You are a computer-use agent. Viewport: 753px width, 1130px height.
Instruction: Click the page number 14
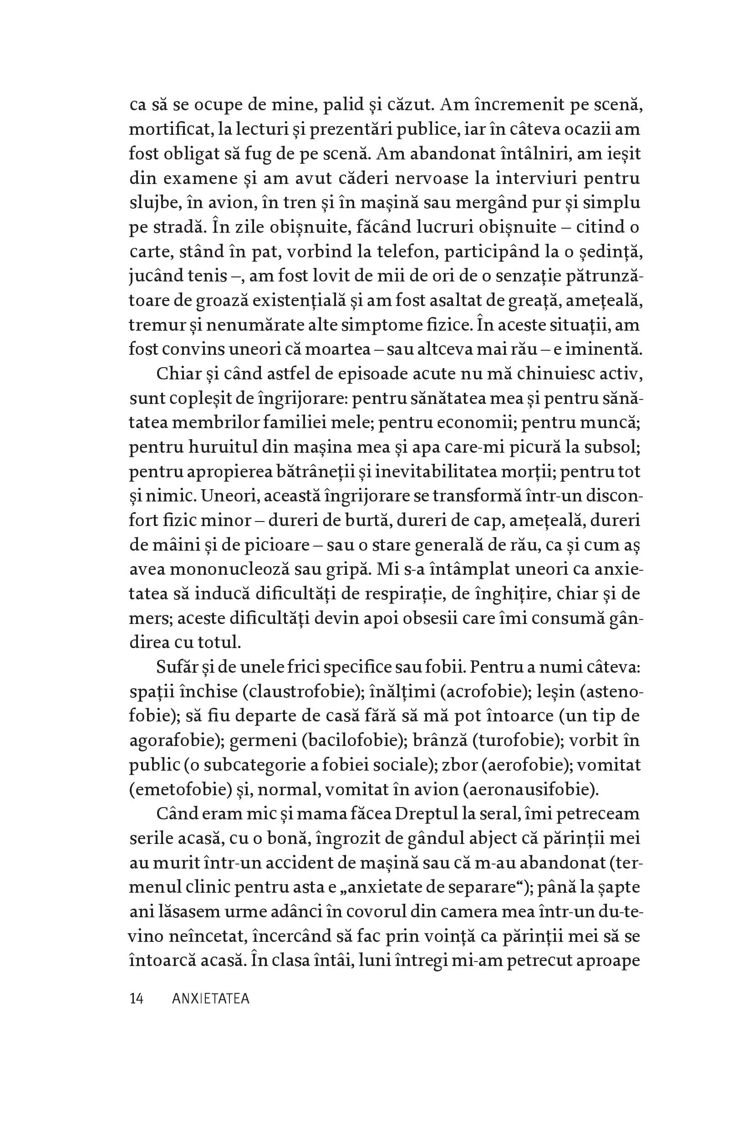(x=137, y=999)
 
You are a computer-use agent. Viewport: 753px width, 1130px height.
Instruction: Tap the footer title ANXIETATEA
(x=211, y=999)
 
